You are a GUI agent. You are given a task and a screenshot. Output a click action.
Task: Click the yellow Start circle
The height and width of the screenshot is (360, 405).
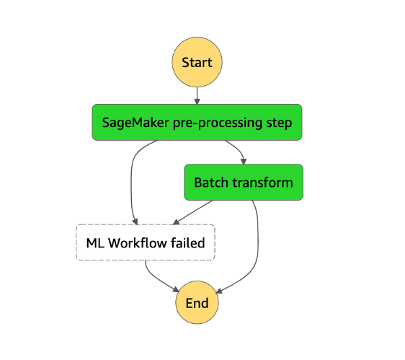197,62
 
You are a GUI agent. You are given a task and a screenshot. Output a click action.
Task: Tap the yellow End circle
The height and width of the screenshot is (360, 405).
197,303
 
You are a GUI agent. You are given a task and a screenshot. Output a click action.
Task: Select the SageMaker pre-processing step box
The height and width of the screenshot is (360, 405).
197,123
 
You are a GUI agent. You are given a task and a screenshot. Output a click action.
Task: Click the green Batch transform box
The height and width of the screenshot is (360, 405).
244,183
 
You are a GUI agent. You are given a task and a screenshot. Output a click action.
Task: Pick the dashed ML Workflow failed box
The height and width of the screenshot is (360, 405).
146,243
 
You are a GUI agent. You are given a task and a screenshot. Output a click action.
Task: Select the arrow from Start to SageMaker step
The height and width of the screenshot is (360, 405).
197,96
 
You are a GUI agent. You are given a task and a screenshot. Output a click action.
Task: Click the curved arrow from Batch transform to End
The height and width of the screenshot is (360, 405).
257,245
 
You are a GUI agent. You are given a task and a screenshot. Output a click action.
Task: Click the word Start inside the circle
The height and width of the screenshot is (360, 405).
197,62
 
